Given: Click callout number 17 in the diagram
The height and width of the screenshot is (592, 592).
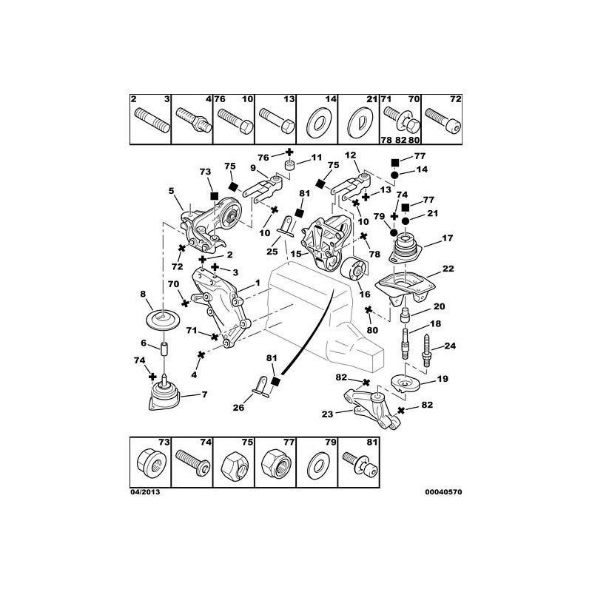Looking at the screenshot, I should pyautogui.click(x=447, y=238).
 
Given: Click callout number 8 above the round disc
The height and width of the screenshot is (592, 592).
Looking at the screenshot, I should pyautogui.click(x=143, y=294).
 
